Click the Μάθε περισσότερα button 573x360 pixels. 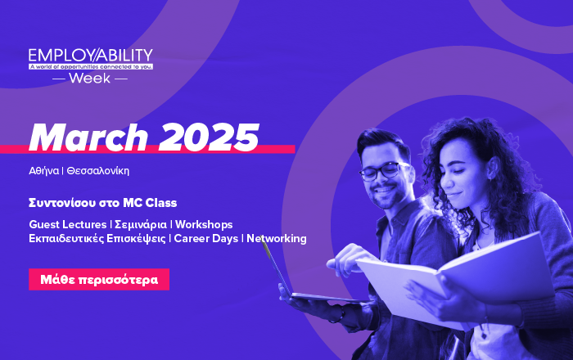99,279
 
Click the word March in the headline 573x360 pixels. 88,137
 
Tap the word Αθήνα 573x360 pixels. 44,171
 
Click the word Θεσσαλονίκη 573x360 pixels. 98,171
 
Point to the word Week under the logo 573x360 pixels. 89,78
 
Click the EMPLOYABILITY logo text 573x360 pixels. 91,55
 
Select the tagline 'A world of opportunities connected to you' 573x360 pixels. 91,67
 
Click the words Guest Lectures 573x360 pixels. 68,224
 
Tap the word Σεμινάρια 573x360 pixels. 141,224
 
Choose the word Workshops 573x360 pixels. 204,224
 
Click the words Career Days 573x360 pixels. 206,238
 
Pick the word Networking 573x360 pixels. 277,238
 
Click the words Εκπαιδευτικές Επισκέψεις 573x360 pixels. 97,239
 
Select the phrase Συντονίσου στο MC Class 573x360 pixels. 102,203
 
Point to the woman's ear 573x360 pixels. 491,170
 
